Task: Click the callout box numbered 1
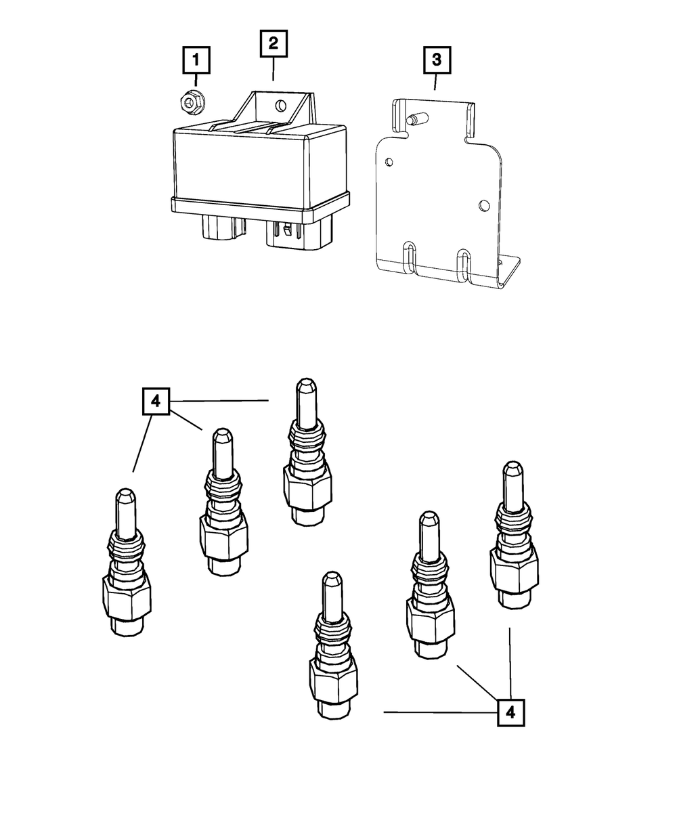(196, 61)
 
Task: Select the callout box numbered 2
(273, 44)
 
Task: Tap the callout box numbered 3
(436, 60)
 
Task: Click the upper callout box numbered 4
(156, 402)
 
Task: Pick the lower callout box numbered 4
(510, 712)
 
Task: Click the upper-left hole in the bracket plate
(388, 162)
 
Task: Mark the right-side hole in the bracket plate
(483, 204)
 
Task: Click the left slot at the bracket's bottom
(409, 257)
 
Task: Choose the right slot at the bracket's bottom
(464, 263)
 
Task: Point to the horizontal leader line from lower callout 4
(440, 712)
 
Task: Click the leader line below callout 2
(273, 69)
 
